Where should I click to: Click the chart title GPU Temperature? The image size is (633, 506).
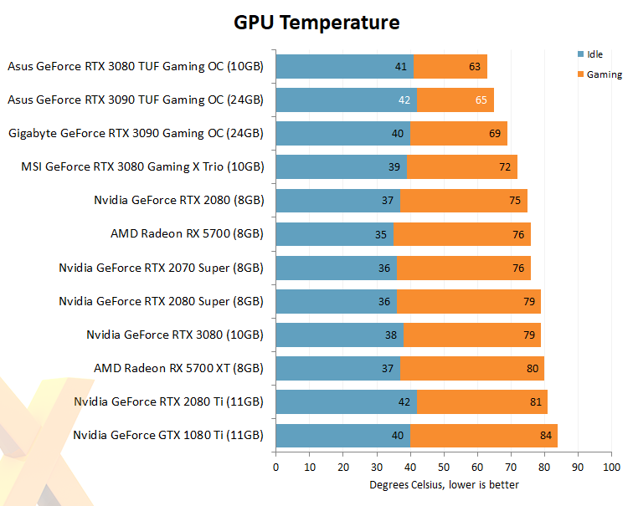point(316,23)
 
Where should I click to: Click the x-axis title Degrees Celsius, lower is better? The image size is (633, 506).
point(444,484)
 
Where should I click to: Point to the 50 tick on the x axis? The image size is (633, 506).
point(444,467)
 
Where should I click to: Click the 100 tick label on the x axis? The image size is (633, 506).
point(611,467)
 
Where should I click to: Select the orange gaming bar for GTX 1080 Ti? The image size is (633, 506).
point(484,435)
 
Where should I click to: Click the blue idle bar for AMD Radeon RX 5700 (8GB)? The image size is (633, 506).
point(334,234)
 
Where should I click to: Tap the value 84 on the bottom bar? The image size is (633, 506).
point(546,435)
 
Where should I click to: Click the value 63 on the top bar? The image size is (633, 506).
point(476,66)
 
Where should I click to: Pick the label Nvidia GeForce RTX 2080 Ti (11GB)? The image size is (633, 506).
point(168,401)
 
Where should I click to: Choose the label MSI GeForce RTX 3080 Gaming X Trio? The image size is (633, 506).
point(142,166)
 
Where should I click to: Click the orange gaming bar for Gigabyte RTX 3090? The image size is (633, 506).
point(459,133)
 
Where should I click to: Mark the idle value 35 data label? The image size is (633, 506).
point(381,234)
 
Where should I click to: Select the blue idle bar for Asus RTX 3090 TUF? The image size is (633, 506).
point(346,100)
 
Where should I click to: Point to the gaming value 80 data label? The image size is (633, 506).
point(533,368)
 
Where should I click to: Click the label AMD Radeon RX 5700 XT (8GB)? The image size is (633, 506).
point(178,368)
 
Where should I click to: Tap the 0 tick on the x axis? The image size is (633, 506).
point(275,467)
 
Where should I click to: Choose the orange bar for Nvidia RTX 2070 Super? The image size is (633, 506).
point(464,268)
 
